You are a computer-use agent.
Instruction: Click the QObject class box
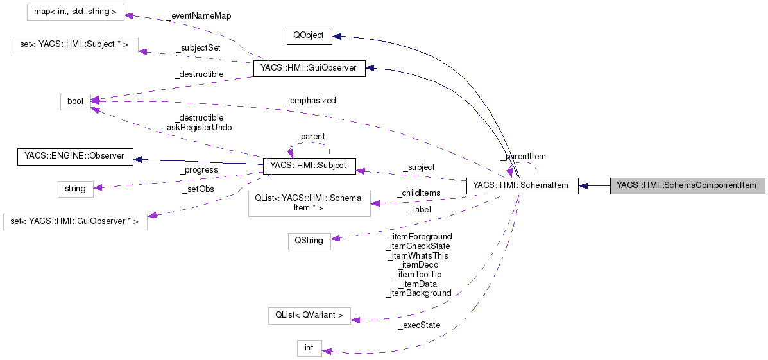[309, 36]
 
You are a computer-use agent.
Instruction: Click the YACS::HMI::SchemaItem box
[522, 185]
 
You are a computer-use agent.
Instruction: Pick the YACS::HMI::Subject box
[309, 166]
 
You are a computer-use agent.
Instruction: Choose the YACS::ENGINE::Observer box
[74, 156]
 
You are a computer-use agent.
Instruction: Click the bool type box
[75, 101]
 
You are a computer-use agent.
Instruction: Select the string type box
[75, 189]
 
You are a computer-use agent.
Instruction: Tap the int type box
[309, 348]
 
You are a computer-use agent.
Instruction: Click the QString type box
[309, 241]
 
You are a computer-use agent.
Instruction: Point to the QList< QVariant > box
[309, 315]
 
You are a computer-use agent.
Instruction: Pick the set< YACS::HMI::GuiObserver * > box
[75, 222]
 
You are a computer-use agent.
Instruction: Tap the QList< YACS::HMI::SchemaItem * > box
[309, 203]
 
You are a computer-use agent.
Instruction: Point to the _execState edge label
[418, 325]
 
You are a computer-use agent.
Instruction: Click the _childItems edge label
[418, 193]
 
